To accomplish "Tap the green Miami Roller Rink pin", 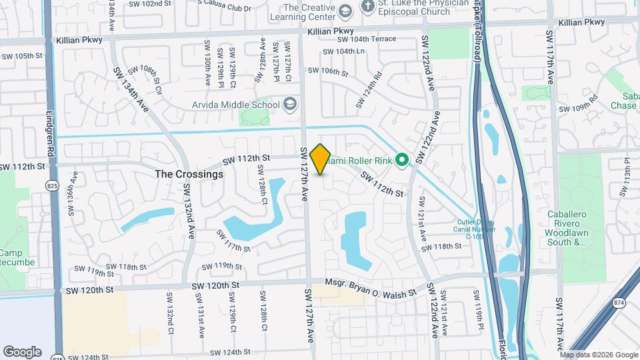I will click(x=401, y=160).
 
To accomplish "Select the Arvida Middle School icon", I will click(x=290, y=104).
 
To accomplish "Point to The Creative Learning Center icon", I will click(x=344, y=11).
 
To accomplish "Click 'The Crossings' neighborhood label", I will click(x=189, y=173).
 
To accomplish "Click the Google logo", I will click(x=22, y=351).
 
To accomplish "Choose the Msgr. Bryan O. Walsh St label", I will click(x=370, y=287).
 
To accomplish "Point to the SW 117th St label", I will click(x=233, y=241).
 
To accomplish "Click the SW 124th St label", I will click(x=229, y=351).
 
